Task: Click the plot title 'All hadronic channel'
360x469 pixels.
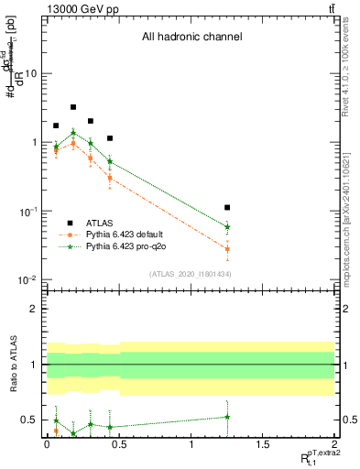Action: click(191, 38)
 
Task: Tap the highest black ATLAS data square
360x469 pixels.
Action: click(73, 107)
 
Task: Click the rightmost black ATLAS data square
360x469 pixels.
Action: click(227, 208)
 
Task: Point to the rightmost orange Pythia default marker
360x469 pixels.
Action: click(227, 249)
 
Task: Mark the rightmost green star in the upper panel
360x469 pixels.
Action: click(227, 226)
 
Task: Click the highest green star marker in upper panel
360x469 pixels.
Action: click(73, 133)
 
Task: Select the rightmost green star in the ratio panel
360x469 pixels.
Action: click(227, 417)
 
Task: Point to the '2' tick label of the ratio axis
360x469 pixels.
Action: click(34, 309)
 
